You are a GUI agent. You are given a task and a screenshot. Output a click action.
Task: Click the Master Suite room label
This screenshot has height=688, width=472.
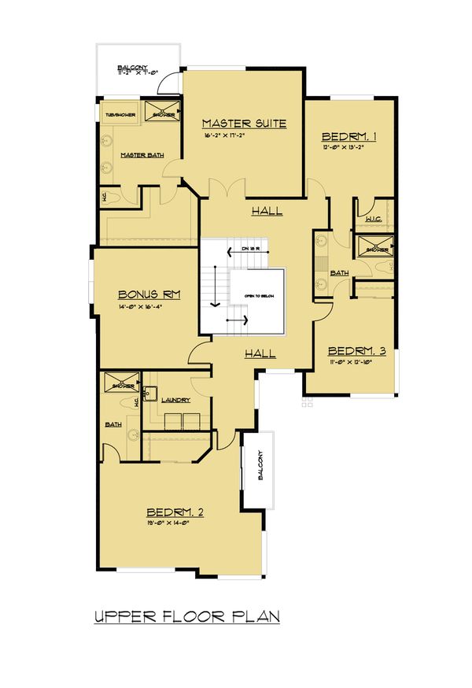click(x=243, y=123)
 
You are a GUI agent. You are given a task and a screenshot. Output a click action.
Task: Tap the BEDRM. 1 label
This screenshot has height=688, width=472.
click(x=348, y=136)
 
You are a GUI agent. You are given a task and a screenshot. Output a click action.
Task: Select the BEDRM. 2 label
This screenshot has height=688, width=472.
click(x=175, y=512)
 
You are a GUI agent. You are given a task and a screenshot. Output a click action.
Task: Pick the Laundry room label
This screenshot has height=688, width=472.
click(x=175, y=400)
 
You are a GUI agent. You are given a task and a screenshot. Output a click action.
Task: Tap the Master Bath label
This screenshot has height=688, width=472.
click(x=142, y=155)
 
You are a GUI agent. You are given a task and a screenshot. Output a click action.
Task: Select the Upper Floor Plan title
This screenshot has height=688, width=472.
click(x=186, y=616)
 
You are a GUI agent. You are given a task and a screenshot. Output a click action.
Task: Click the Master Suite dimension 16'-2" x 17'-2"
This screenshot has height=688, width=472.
click(x=242, y=137)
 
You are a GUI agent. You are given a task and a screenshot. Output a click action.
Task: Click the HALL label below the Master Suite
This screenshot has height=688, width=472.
click(x=267, y=211)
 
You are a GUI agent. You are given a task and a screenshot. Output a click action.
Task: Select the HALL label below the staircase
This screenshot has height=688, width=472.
click(x=259, y=353)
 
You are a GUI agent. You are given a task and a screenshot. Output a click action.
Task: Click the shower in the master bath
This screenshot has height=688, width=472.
click(x=161, y=111)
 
